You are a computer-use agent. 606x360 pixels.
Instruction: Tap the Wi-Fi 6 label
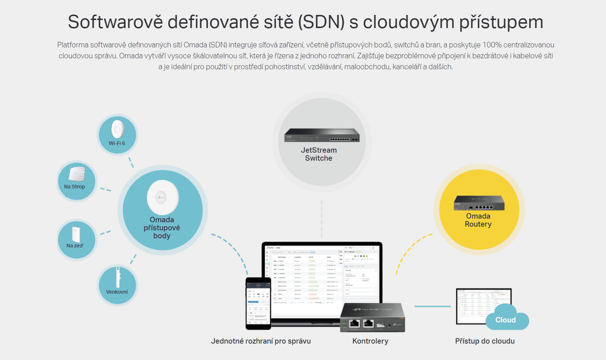pos(117,143)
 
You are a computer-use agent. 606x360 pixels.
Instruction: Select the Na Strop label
pos(74,187)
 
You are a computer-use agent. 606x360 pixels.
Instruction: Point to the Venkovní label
pos(117,292)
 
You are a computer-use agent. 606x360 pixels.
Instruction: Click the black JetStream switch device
pos(322,135)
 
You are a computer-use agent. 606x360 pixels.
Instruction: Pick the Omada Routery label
pos(478,220)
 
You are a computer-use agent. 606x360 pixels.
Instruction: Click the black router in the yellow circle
pos(478,203)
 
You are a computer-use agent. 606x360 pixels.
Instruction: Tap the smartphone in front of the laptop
pos(258,303)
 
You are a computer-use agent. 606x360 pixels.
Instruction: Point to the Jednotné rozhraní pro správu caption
pos(261,341)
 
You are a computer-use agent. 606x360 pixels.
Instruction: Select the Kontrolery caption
pos(370,341)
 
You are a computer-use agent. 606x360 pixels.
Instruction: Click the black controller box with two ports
pos(372,318)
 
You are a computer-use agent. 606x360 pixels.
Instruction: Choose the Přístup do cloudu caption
pos(485,341)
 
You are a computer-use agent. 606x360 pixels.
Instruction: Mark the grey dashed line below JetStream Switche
pos(322,220)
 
